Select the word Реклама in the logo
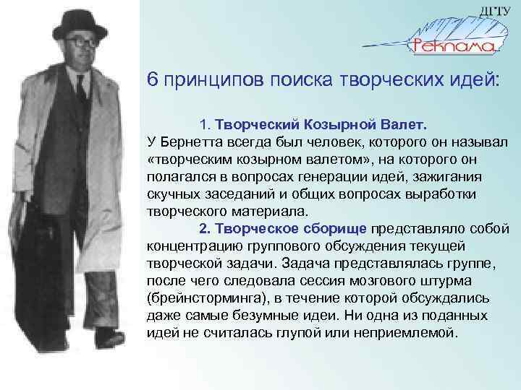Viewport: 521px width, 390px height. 453,47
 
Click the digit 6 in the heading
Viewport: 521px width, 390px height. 152,78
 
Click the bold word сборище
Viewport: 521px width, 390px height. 335,228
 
